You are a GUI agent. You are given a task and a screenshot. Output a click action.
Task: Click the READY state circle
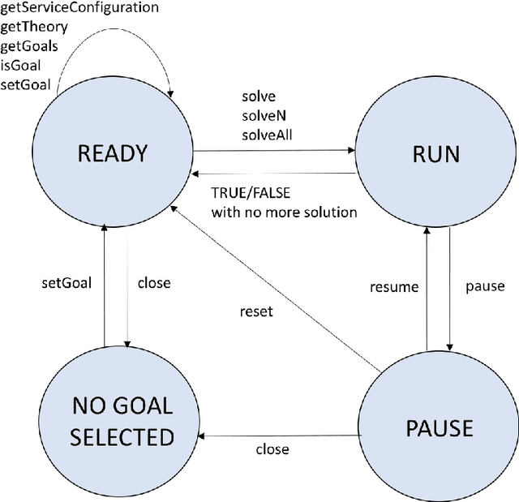112,154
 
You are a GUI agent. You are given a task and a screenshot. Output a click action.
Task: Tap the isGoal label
23,64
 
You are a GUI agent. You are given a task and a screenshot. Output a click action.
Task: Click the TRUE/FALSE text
250,195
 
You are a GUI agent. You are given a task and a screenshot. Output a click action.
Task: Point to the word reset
256,311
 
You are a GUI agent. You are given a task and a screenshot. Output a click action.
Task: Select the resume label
394,286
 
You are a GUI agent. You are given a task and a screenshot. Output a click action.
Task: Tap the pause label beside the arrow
485,286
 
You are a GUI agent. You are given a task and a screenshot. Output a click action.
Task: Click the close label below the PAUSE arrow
272,449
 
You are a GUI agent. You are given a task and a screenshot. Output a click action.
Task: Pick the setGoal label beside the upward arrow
66,283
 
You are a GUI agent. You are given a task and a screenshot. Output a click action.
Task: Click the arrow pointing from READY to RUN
276,150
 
